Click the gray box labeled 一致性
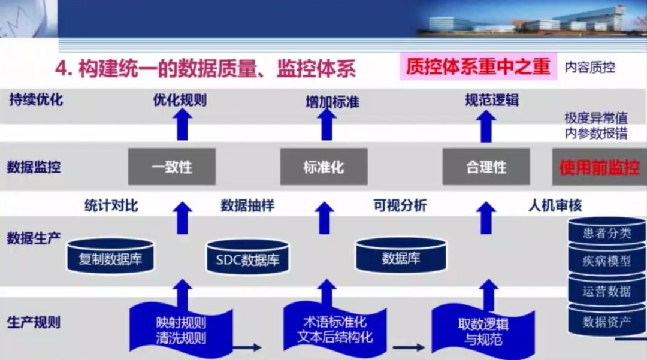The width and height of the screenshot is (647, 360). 172,166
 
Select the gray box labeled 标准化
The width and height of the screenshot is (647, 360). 323,166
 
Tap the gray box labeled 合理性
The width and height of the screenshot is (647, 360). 486,166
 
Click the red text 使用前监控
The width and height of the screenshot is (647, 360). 599,167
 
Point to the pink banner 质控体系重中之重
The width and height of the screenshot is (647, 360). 478,66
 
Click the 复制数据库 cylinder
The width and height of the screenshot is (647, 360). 110,258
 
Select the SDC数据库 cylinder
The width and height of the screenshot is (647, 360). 247,259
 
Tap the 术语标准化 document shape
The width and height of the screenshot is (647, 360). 335,329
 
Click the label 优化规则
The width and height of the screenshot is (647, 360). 180,100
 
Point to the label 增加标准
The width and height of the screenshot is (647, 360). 332,102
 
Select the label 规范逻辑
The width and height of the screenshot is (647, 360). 492,100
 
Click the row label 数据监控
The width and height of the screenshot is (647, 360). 34,167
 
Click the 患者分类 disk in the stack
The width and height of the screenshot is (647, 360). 607,232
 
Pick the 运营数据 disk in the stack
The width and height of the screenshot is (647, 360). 607,292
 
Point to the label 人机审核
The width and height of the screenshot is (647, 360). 555,205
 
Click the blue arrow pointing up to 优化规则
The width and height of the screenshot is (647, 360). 182,125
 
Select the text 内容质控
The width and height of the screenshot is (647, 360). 590,68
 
